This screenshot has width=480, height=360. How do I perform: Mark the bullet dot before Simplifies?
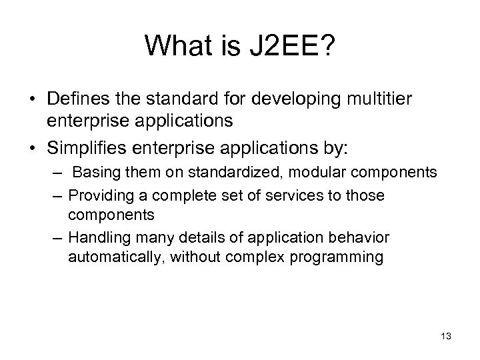[x=32, y=143]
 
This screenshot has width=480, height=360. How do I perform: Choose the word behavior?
[x=357, y=238]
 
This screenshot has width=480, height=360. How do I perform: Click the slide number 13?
[x=446, y=336]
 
